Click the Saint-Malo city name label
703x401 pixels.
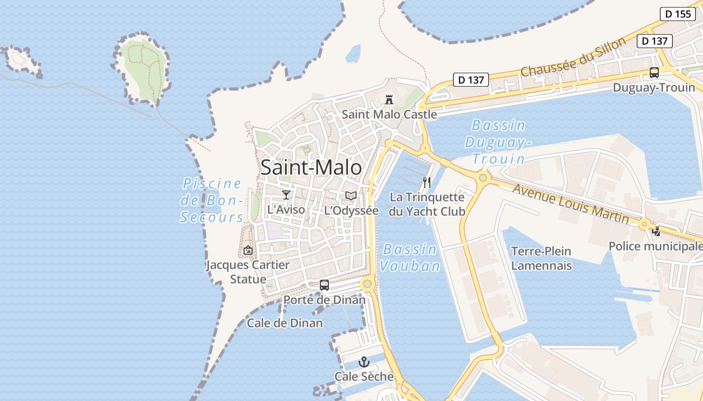tap(311, 167)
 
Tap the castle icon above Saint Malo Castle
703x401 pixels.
tap(389, 100)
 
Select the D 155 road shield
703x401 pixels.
tap(677, 14)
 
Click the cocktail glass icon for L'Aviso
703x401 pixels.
tap(286, 195)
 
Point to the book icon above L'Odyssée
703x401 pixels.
tap(351, 196)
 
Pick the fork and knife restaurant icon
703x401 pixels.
tap(427, 182)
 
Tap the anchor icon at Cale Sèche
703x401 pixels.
tap(364, 362)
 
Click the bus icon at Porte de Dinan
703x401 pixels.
tap(324, 285)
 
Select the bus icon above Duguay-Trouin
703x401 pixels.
tap(654, 72)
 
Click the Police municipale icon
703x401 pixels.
tap(656, 232)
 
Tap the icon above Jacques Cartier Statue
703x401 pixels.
tap(248, 250)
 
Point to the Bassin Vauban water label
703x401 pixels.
tap(409, 257)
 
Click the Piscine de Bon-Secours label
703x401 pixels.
tap(212, 200)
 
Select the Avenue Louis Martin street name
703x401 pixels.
tap(570, 204)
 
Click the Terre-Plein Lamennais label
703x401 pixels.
tap(541, 258)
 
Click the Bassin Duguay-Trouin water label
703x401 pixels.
tap(498, 142)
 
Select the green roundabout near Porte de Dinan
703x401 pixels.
tap(368, 284)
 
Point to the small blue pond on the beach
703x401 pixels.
tap(354, 53)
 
